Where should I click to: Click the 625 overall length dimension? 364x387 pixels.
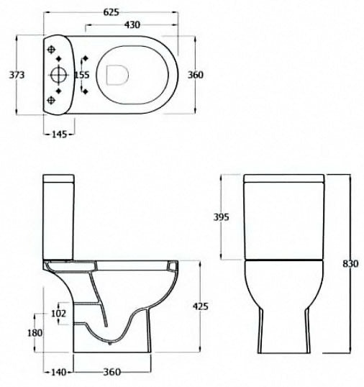(111, 12)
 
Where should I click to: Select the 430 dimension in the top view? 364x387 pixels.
(131, 25)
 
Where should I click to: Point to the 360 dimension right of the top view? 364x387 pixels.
(196, 75)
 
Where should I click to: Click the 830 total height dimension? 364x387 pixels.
(350, 263)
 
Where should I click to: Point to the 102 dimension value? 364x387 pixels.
(58, 313)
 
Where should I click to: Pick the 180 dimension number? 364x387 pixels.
(34, 332)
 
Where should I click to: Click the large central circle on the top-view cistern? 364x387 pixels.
(58, 74)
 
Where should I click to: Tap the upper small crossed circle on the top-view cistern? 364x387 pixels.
(53, 49)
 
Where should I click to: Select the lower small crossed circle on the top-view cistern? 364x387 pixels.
(53, 99)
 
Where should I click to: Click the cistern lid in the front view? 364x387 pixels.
(284, 178)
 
